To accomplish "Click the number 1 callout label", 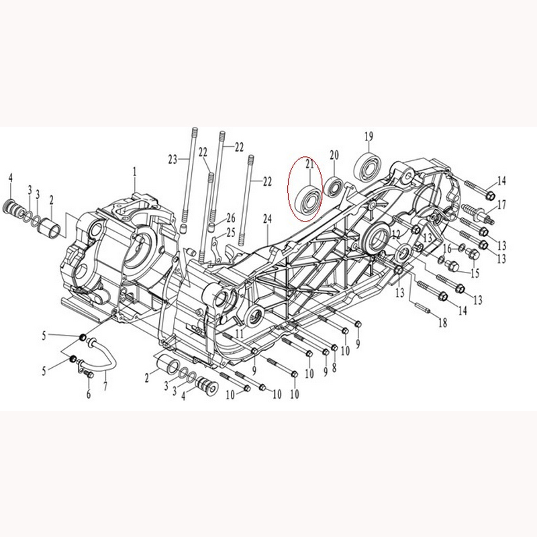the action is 135,172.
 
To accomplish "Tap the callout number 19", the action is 369,137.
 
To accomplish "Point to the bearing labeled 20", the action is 334,187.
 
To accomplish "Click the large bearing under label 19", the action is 368,167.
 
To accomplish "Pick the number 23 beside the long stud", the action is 173,159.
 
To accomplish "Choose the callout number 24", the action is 267,219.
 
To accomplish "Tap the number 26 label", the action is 231,217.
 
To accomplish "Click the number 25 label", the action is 231,233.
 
